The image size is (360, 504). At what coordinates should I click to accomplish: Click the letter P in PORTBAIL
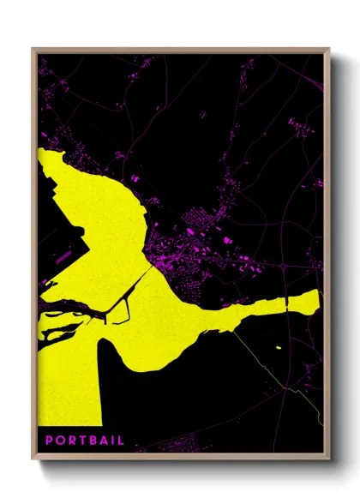(50, 440)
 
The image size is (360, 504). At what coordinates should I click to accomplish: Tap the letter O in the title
(61, 440)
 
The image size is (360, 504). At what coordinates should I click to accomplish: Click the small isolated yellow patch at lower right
(279, 347)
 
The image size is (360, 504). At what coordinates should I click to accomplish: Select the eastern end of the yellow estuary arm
(319, 296)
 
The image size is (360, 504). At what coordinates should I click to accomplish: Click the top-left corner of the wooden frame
(33, 50)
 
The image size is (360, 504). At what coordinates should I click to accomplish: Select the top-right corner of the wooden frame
(328, 50)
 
